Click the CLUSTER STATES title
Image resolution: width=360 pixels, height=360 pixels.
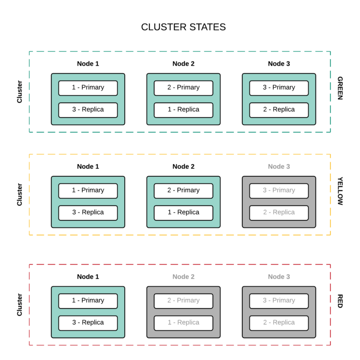point(183,27)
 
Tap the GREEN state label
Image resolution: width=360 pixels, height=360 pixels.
point(340,88)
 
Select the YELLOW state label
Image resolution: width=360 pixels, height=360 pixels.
point(340,191)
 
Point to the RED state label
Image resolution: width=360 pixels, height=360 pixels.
point(340,301)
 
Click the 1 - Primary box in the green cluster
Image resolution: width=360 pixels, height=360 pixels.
point(88,88)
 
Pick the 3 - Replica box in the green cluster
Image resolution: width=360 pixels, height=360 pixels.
point(88,110)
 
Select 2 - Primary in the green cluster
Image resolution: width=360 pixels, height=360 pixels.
point(183,88)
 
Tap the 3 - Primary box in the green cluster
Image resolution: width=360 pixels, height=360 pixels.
point(279,88)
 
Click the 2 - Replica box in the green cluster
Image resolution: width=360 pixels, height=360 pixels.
point(279,110)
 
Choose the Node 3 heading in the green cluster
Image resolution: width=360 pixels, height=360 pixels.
point(279,64)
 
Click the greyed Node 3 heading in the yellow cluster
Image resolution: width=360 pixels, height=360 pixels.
point(279,166)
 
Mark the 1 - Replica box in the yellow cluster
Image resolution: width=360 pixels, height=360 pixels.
point(183,213)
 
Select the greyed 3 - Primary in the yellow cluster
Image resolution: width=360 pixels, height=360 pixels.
point(279,191)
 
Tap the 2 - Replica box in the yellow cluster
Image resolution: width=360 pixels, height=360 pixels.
point(279,213)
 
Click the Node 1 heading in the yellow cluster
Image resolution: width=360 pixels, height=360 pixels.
point(88,166)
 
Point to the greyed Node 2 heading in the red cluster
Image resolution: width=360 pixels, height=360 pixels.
point(183,277)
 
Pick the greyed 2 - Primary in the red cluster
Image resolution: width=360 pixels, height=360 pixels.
point(183,301)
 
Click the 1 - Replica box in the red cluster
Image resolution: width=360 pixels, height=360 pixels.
point(183,323)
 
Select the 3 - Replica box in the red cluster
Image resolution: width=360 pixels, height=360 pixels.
point(88,323)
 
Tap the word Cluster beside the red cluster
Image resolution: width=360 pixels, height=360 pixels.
point(20,305)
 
